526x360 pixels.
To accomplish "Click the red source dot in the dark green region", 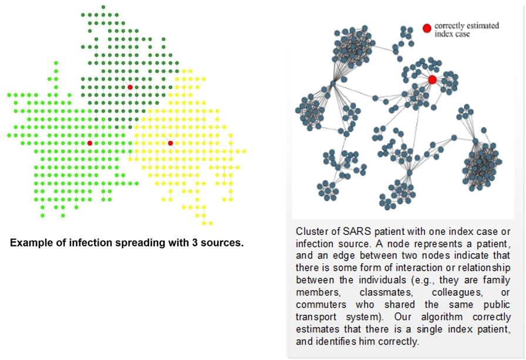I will (130, 87).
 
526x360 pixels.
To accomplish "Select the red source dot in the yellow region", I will (170, 143).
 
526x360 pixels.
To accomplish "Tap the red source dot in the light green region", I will (90, 143).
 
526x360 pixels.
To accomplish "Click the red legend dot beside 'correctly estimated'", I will (427, 28).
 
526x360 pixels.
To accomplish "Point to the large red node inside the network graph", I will (432, 79).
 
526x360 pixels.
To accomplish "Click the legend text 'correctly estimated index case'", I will (466, 30).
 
